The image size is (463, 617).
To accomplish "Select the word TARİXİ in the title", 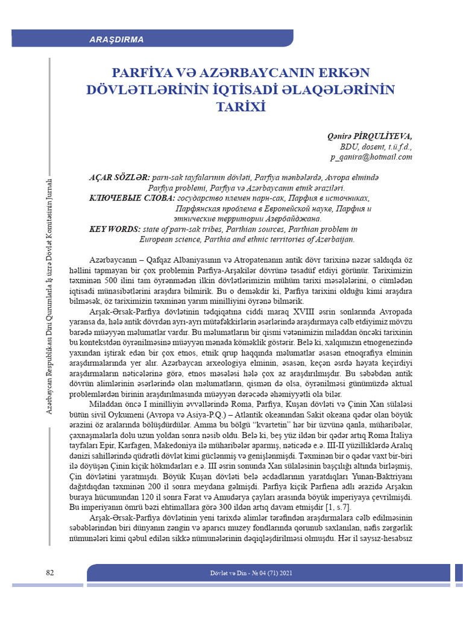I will tap(240, 107).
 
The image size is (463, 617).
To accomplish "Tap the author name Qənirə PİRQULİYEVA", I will tap(370, 136).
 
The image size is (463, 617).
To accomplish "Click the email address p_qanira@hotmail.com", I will tap(371, 157).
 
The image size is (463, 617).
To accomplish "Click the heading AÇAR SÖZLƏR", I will tap(119, 178).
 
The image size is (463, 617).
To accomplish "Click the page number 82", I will tap(51, 572).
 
